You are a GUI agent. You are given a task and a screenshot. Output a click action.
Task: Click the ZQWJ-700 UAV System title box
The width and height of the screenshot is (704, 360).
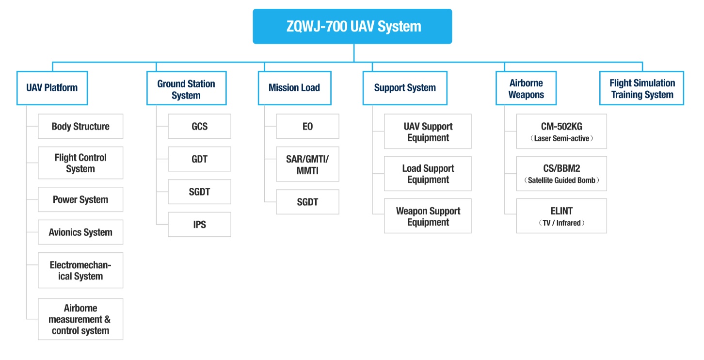click(352, 26)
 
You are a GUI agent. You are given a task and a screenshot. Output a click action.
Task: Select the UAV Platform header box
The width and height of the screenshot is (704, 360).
click(52, 88)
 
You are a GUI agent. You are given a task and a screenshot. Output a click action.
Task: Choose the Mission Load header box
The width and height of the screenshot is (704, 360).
click(294, 88)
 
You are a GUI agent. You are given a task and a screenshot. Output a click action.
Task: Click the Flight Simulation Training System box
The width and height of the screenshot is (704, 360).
click(641, 89)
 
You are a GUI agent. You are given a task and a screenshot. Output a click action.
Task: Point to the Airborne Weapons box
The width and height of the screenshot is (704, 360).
click(526, 89)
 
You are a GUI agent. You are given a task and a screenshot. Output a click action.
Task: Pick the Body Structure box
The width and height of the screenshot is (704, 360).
click(80, 126)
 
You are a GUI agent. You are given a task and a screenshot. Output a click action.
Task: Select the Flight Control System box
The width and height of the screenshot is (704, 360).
click(80, 163)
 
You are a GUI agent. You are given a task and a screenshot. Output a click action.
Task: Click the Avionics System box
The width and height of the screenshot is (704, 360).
click(80, 232)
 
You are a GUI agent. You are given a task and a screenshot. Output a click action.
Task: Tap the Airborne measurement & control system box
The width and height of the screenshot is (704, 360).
click(80, 319)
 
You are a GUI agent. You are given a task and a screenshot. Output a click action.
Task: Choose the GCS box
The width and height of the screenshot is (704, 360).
click(199, 126)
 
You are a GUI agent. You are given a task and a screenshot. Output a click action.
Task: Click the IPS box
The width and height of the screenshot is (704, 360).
click(199, 225)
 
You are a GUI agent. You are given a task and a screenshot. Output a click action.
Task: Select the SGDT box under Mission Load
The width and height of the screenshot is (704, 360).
click(307, 202)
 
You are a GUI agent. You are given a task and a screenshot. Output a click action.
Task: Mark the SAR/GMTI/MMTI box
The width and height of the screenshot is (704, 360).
click(307, 164)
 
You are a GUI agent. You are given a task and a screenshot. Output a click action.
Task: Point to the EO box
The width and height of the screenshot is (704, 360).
click(307, 126)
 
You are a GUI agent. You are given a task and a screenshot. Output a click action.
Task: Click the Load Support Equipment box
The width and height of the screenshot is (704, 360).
click(428, 174)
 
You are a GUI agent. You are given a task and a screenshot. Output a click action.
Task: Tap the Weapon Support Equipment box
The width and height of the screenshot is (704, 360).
click(428, 216)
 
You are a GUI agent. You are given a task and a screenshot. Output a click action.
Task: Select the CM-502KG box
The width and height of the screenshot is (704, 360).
click(561, 131)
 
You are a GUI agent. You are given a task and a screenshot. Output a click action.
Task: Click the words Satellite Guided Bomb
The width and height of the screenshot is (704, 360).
click(561, 180)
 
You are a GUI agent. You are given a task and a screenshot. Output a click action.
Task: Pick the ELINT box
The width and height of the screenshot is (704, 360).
click(561, 216)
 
